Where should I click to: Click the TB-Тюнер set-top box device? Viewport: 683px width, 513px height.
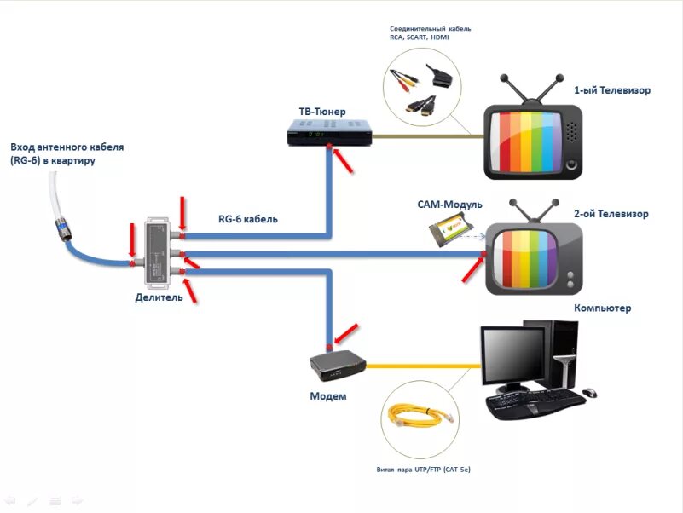(331, 132)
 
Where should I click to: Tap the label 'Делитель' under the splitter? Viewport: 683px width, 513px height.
(159, 297)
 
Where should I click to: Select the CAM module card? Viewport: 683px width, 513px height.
(452, 228)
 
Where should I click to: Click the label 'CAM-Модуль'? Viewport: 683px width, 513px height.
(450, 205)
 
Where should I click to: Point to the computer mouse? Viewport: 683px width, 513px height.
(590, 393)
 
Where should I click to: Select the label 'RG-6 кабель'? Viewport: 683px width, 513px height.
(248, 219)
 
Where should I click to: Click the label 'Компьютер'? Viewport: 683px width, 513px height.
(602, 308)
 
